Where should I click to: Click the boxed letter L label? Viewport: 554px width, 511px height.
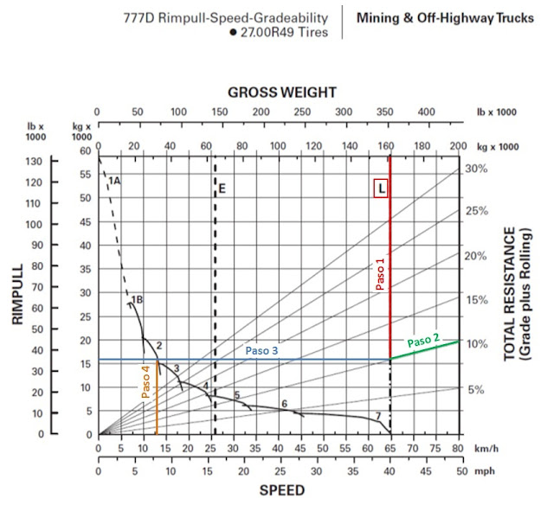(x=381, y=188)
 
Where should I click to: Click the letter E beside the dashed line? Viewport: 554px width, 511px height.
(x=222, y=188)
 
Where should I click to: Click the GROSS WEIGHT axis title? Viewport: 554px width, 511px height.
(x=282, y=93)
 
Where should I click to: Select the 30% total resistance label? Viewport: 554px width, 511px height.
(x=477, y=169)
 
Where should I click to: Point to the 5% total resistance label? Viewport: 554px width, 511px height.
(x=477, y=390)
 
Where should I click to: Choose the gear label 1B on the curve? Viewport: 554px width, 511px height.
(x=136, y=299)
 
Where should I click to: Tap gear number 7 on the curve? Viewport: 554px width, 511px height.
(x=378, y=417)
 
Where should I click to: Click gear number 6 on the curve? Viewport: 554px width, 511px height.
(x=283, y=404)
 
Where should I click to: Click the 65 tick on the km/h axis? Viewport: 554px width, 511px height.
(x=390, y=450)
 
